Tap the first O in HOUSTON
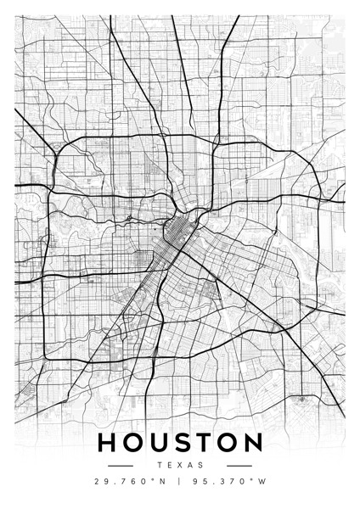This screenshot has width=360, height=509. coord(134,444)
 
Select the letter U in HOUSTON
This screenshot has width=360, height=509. coord(160,444)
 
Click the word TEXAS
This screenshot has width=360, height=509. coord(181,465)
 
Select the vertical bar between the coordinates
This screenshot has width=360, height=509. coord(180,482)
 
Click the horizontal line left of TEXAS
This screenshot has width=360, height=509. coord(122,465)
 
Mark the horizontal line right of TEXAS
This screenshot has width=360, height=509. coord(239,465)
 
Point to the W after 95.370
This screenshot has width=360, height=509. coord(262,482)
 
